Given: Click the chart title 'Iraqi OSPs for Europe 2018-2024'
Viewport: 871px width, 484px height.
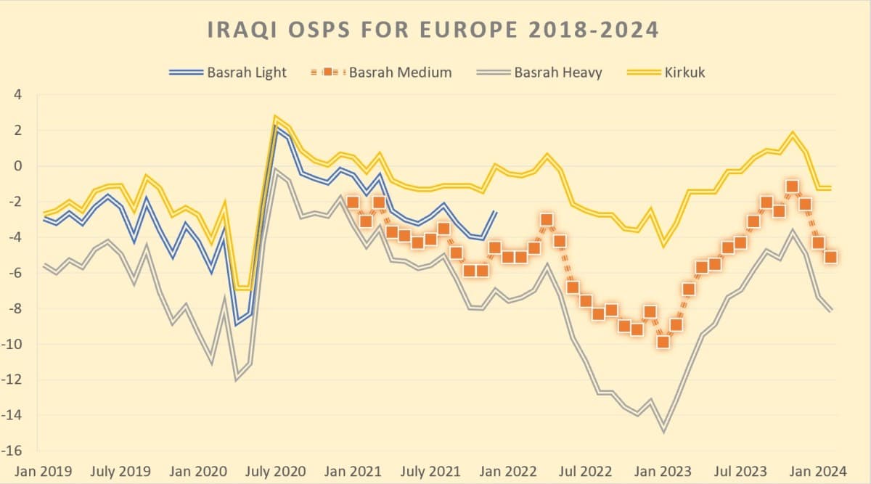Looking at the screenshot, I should [x=433, y=30].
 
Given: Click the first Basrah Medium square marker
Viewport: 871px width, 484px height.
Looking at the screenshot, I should [x=353, y=202].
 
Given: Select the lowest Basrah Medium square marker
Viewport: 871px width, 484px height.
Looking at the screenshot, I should [x=663, y=342].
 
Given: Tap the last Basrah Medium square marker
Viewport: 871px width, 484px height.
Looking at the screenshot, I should [x=831, y=257].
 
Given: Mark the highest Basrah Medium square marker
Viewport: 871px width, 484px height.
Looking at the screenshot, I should [x=792, y=187].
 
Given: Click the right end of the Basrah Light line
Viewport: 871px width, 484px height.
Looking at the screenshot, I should [x=495, y=212].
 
